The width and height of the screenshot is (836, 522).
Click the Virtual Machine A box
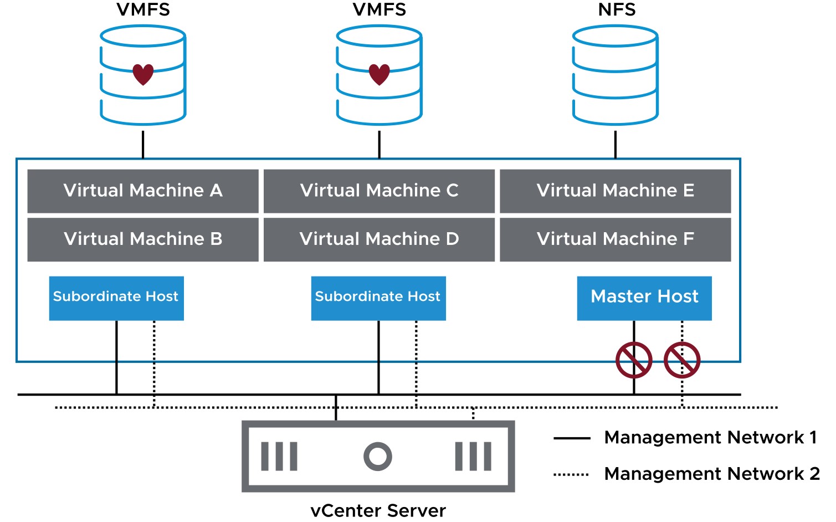coord(143,191)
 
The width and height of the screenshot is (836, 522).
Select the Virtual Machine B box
coord(143,240)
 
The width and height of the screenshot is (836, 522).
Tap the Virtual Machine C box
coord(379,191)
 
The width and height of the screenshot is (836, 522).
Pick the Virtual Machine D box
coord(379,240)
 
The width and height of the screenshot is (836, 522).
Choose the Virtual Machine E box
coord(616,191)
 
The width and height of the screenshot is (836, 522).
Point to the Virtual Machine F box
coord(616,240)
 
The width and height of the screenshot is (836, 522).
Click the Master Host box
coord(644,298)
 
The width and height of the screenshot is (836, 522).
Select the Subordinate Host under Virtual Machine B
coord(116,298)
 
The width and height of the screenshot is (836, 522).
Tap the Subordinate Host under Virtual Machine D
coord(378,298)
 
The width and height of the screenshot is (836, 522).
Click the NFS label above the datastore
coord(617,9)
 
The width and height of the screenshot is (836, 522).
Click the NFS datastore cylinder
coord(616,75)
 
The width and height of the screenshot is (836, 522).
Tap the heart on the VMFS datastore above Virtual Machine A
coord(143,74)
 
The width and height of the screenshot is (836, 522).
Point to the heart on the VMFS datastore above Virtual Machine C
coord(379,74)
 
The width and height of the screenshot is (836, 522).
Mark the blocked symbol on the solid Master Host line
coord(634,360)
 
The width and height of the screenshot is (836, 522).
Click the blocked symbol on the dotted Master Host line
coord(682,360)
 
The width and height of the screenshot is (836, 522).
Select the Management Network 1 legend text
coord(711,437)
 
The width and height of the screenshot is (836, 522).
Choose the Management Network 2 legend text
coord(712,474)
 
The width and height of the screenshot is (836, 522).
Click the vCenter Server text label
coord(378,510)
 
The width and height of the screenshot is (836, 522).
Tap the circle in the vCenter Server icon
coord(378,456)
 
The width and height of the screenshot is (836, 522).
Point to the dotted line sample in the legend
coord(571,475)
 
